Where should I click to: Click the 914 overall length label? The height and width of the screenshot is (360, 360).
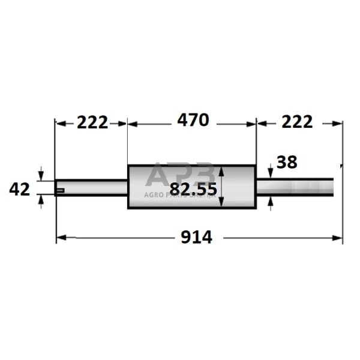[x=197, y=238]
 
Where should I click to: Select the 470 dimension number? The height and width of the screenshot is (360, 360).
[x=193, y=120]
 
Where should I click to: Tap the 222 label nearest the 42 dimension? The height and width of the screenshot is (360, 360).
[x=92, y=122]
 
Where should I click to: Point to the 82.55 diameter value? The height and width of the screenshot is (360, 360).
[x=193, y=190]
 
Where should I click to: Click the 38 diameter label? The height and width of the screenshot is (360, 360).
[x=286, y=161]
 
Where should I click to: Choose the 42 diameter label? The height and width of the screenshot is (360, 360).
[x=20, y=190]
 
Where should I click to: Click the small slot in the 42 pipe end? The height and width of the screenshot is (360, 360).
[x=60, y=191]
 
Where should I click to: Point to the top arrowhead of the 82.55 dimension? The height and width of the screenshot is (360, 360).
[x=223, y=170]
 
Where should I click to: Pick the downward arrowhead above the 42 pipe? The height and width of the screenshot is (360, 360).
[x=41, y=176]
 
